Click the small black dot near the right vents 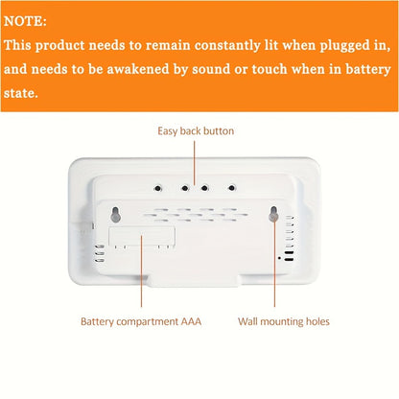279,257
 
